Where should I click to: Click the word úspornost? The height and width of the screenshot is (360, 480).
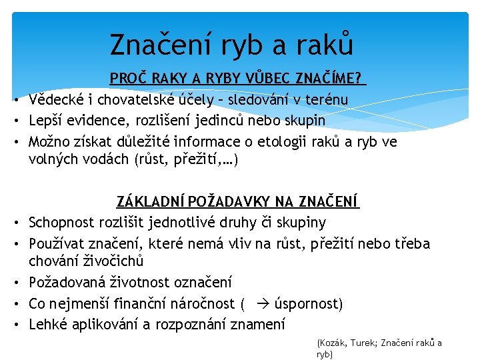[308, 304]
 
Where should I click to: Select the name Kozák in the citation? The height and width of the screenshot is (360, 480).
[331, 343]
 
